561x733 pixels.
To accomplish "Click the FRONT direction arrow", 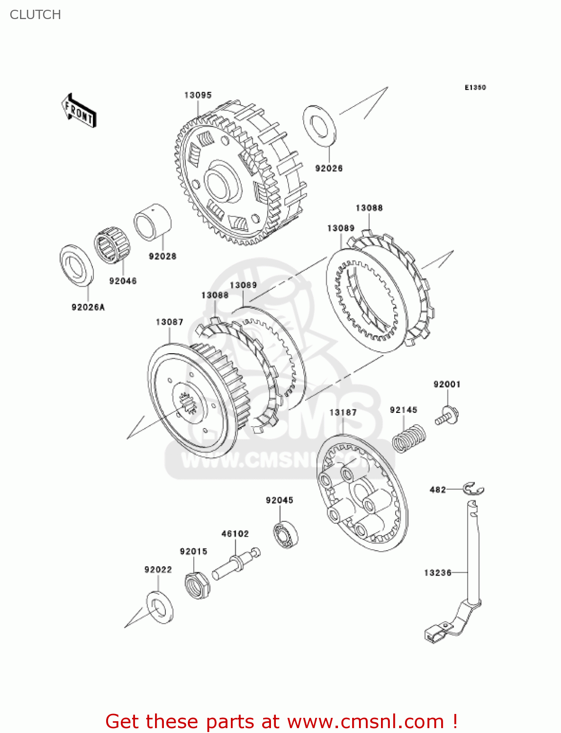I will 79,111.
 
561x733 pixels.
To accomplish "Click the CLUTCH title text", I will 35,15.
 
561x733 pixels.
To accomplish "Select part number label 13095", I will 198,95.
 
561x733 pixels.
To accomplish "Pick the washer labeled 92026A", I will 76,265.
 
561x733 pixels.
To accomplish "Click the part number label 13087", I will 169,322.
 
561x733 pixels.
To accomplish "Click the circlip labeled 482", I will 473,488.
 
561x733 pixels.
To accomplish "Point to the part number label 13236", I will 437,573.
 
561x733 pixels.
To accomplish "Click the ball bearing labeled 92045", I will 286,534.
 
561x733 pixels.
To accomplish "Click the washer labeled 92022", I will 159,607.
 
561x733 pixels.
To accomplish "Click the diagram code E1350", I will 475,87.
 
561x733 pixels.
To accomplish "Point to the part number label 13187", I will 343,412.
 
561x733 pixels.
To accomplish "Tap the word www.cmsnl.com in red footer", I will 365,722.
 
